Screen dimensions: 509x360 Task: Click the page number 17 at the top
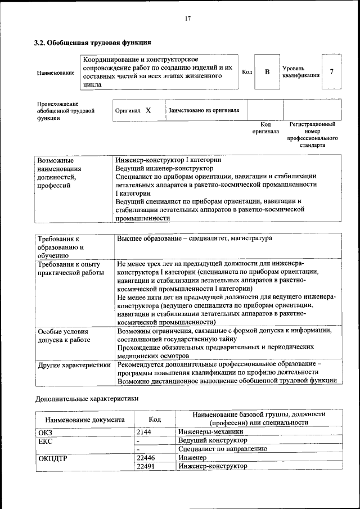(x=188, y=19)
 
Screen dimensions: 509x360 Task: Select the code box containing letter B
(x=267, y=71)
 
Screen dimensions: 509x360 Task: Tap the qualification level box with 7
(x=332, y=71)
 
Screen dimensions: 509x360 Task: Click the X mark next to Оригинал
(x=148, y=111)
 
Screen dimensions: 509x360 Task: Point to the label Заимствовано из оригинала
(x=204, y=110)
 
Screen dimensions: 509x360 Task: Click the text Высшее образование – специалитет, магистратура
(x=195, y=238)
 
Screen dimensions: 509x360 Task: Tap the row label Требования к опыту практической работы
(x=69, y=268)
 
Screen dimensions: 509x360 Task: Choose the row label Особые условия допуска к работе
(x=63, y=336)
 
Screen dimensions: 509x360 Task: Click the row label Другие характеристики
(x=74, y=365)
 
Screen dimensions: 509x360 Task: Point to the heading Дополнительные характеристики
(x=87, y=399)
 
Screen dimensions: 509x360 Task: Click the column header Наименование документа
(x=85, y=419)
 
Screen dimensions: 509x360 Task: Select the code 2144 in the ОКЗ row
(x=144, y=432)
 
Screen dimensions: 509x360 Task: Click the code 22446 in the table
(x=146, y=458)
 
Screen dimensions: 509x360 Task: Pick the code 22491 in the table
(x=146, y=466)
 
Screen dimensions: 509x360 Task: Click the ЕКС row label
(x=45, y=440)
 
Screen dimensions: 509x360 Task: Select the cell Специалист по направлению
(x=222, y=449)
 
